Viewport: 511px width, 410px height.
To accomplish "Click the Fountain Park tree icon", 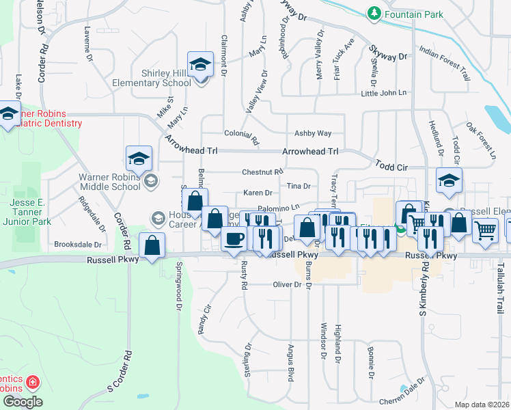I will coord(374,14).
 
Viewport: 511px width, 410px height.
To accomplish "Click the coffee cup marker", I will coord(235,239).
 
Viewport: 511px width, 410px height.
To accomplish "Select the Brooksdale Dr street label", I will coord(78,244).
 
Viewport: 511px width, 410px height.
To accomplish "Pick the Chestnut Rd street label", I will coord(262,172).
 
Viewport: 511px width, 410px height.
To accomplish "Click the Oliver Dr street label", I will coord(287,284).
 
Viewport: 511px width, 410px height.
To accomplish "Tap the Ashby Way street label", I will coord(312,134).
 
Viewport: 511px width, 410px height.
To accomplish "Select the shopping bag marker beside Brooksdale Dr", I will coord(152,245).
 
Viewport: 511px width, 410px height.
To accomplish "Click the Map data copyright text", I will coord(482,405).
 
